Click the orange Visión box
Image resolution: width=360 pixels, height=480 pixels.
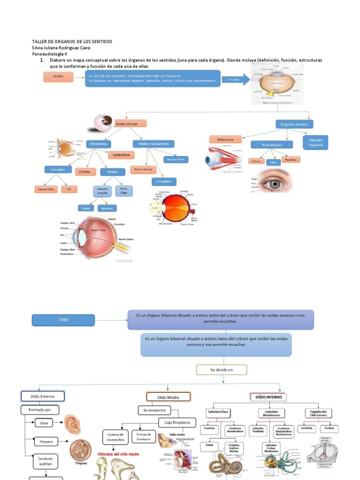coord(58,76)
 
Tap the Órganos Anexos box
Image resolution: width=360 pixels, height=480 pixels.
coord(294,124)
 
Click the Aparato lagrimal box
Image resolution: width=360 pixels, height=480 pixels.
coord(315,142)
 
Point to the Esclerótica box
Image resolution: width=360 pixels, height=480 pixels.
coord(121,154)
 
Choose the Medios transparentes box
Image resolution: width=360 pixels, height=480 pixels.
coord(153,143)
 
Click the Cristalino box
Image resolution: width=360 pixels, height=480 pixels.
coord(164,181)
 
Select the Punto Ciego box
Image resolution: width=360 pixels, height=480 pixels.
coord(124,191)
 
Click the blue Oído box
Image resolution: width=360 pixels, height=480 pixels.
coord(63,320)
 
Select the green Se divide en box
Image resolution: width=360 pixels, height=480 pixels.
coord(221,370)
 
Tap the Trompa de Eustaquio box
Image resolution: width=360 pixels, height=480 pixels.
coord(143,436)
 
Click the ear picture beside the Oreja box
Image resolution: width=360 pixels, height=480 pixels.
coord(72,424)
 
